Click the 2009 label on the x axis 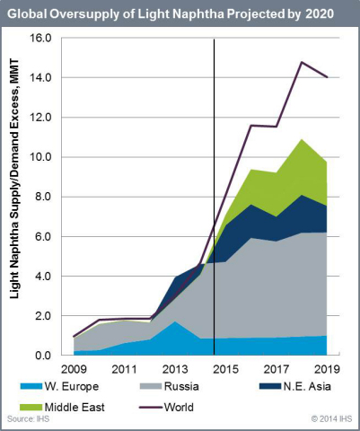click(75, 368)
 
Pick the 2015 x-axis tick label click(226, 368)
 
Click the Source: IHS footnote click(27, 419)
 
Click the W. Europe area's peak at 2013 click(176, 321)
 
